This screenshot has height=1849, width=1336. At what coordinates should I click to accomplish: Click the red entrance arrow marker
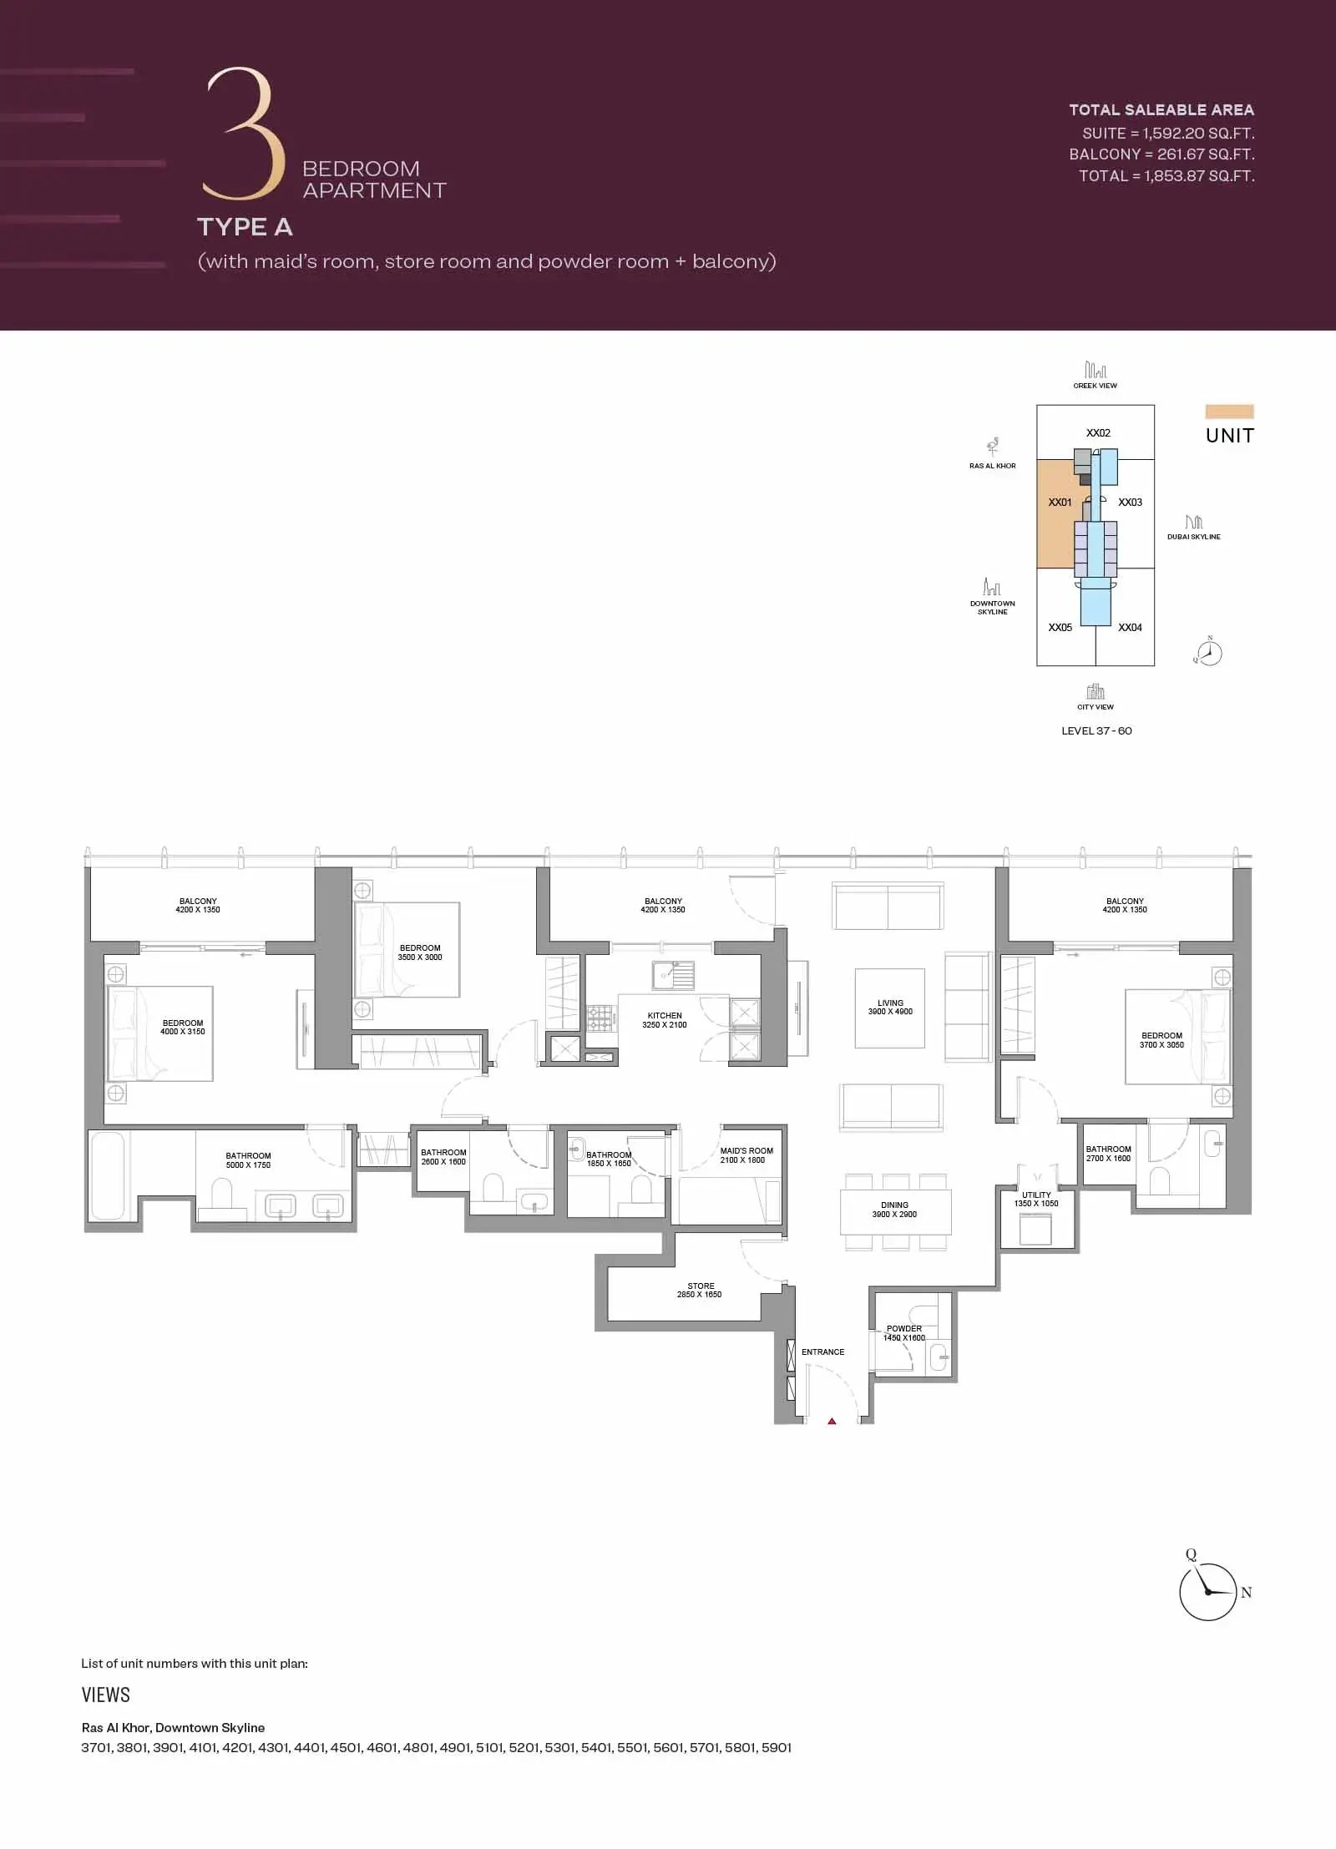click(832, 1421)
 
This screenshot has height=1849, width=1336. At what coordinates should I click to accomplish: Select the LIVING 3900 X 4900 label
click(890, 1007)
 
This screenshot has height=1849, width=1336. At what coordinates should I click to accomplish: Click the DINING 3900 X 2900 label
click(894, 1210)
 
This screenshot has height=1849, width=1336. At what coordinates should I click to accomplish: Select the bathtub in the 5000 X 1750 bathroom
click(108, 1175)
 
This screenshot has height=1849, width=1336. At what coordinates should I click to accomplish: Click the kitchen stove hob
click(600, 1018)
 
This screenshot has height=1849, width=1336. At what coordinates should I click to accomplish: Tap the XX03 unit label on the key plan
click(1130, 503)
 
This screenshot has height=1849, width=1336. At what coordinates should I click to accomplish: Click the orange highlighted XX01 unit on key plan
click(1055, 513)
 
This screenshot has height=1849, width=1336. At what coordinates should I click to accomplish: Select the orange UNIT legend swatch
click(1229, 412)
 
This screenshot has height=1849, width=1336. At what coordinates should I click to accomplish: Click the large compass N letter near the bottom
click(1246, 1592)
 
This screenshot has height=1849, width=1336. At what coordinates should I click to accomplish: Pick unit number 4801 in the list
click(418, 1747)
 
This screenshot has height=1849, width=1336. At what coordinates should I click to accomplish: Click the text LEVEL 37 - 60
click(1096, 730)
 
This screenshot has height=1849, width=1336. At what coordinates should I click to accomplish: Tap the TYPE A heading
click(245, 227)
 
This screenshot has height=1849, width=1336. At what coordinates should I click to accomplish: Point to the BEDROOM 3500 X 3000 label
click(420, 952)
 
